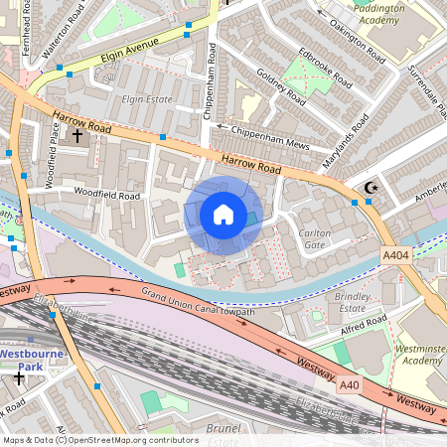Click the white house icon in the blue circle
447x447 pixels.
pyautogui.click(x=223, y=215)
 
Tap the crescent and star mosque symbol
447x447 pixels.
pyautogui.click(x=372, y=188)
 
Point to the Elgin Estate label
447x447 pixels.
pyautogui.click(x=146, y=99)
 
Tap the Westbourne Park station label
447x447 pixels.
pyautogui.click(x=34, y=359)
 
